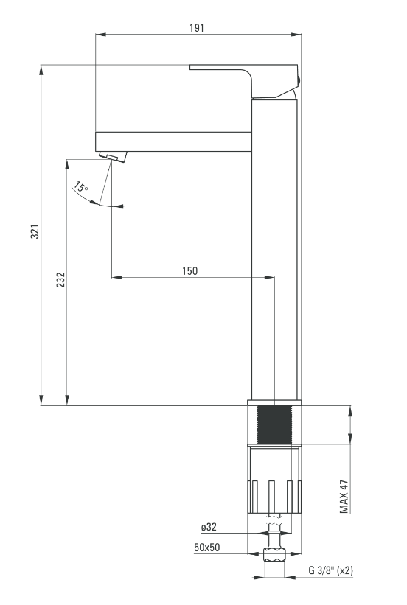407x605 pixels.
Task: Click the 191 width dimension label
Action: point(197,28)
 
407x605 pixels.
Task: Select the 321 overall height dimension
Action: point(35,231)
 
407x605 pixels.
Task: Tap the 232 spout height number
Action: point(61,280)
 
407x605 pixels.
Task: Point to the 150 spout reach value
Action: point(190,271)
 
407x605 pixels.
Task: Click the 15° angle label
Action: point(80,187)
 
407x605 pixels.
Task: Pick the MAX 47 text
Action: point(344,497)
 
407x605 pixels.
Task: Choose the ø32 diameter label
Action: point(209,527)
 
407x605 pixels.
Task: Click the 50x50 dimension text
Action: point(207,547)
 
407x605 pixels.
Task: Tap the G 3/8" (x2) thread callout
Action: point(330,570)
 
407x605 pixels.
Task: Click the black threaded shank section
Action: point(274,424)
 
